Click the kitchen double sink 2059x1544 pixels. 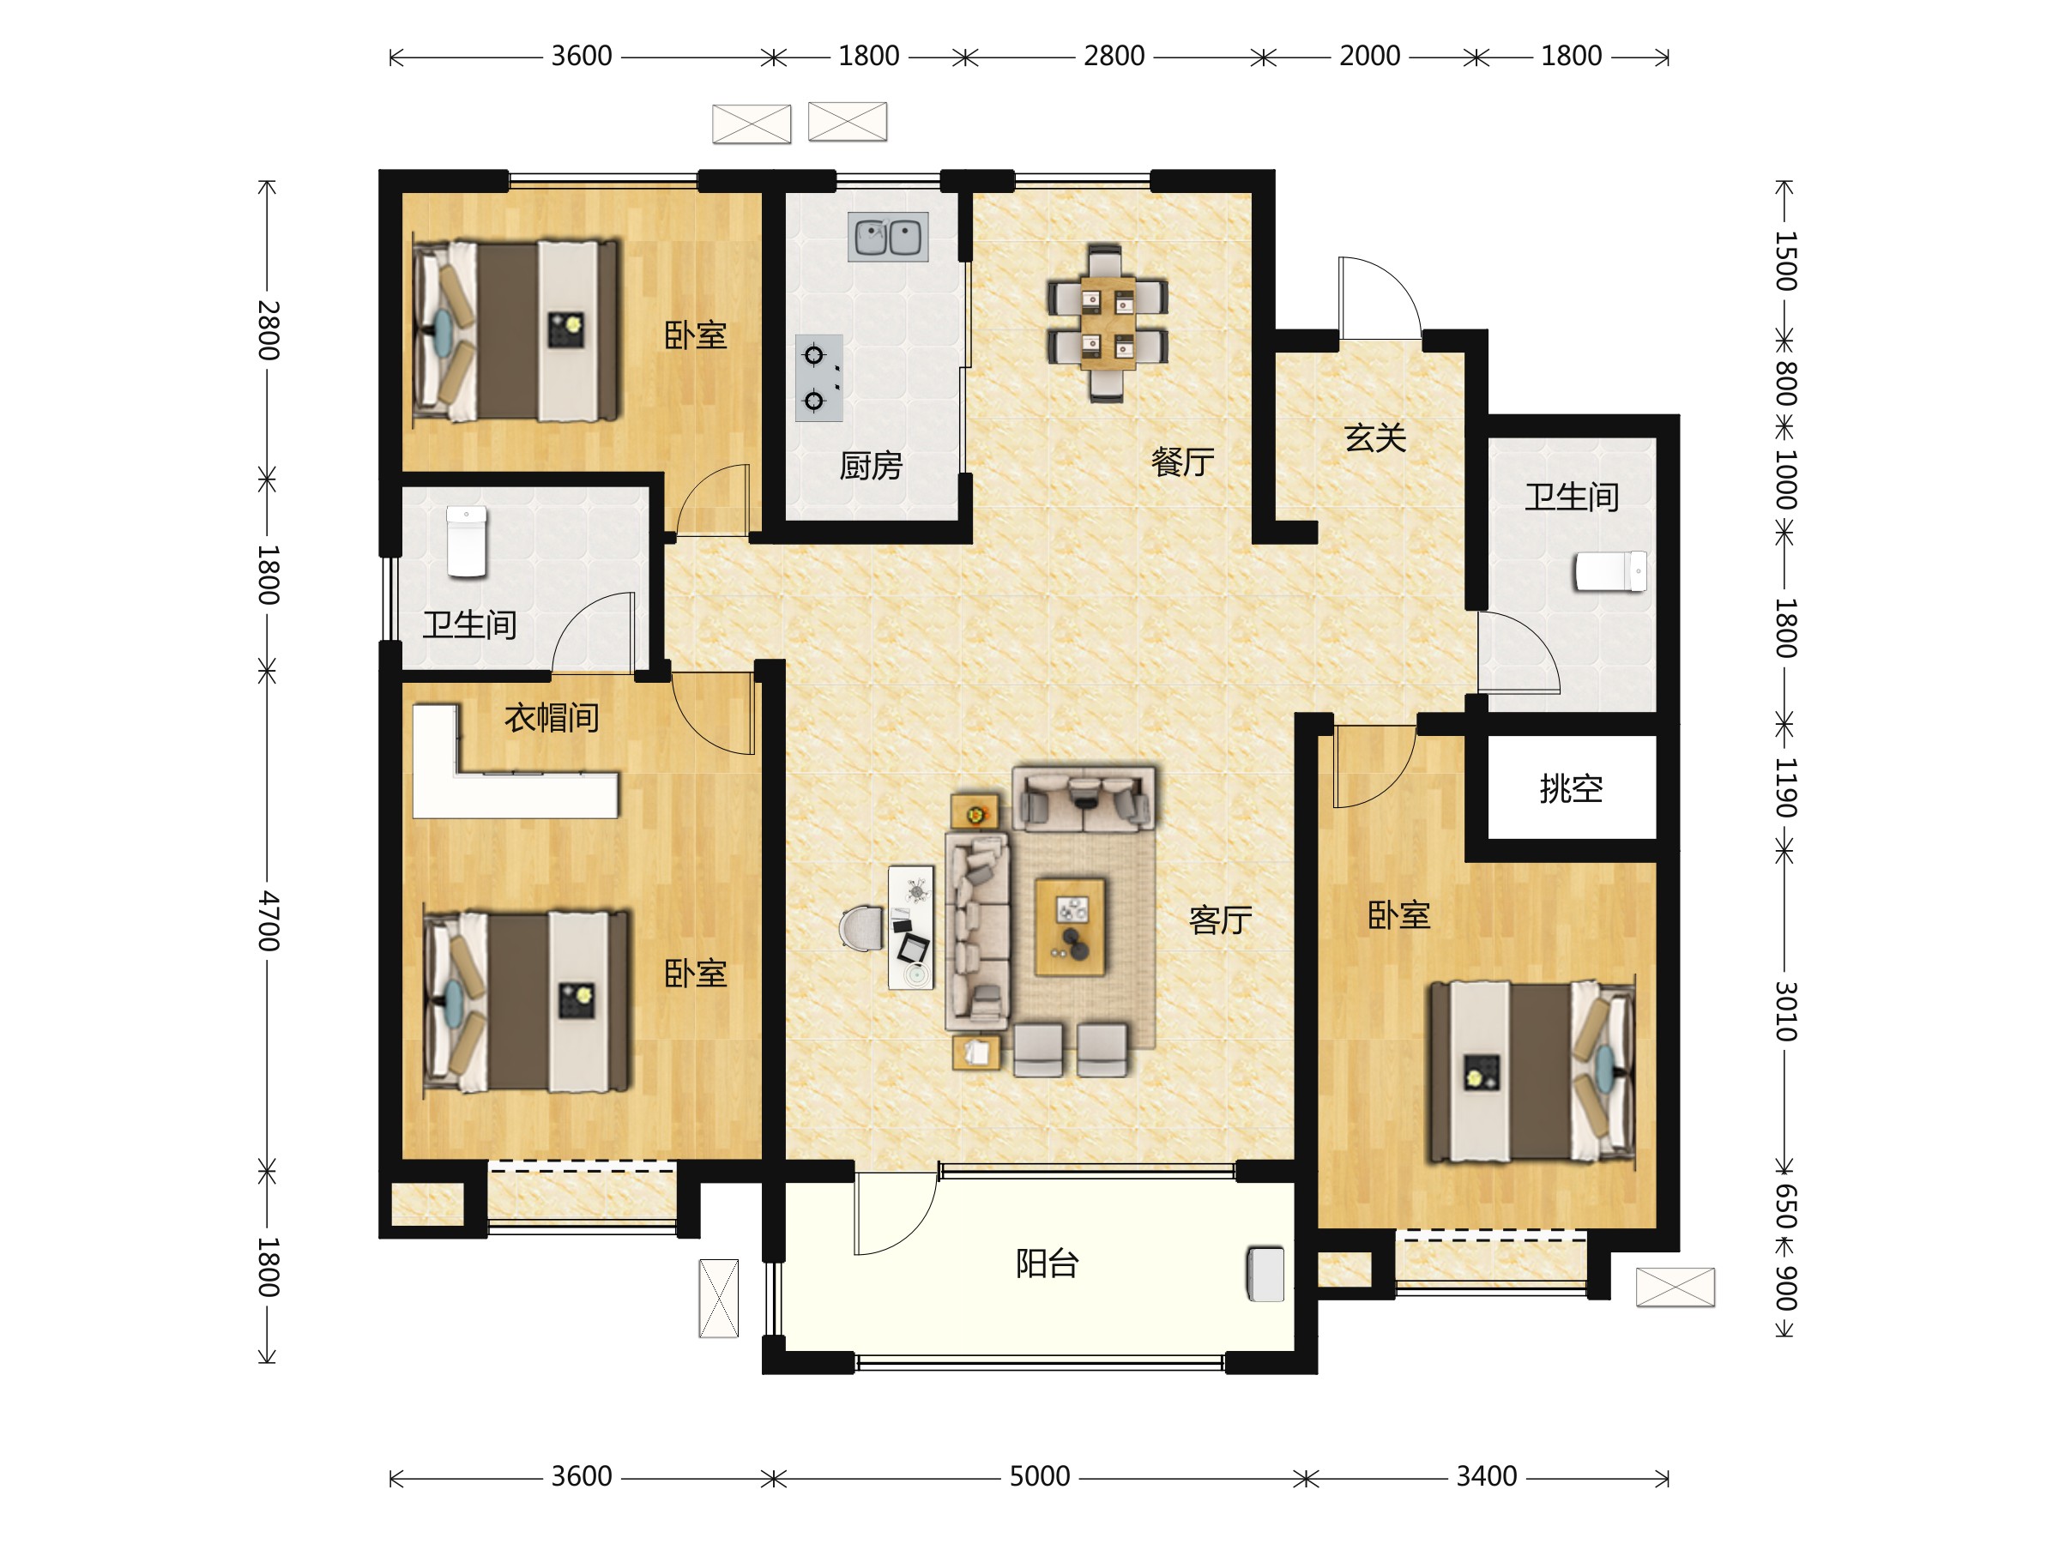tap(887, 237)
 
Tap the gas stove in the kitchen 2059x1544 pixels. tap(819, 378)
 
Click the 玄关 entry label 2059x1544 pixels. tap(1375, 437)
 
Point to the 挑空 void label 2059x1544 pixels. tap(1571, 788)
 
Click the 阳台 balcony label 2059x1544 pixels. tap(1048, 1264)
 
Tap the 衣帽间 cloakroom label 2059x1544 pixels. tap(551, 718)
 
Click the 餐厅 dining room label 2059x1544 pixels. tap(1182, 461)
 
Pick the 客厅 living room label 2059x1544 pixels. tap(1220, 920)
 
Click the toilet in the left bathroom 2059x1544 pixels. tap(467, 543)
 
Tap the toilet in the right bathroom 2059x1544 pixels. tap(1610, 571)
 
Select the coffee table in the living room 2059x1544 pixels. tap(1071, 926)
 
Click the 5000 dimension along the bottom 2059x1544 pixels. tap(1040, 1476)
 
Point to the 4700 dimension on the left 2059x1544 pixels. tap(268, 920)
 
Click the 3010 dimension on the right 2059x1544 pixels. tap(1785, 1010)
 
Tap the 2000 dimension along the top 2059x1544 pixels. tap(1369, 56)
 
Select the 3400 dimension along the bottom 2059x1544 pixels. tap(1487, 1476)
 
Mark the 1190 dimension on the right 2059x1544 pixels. tap(1785, 787)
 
